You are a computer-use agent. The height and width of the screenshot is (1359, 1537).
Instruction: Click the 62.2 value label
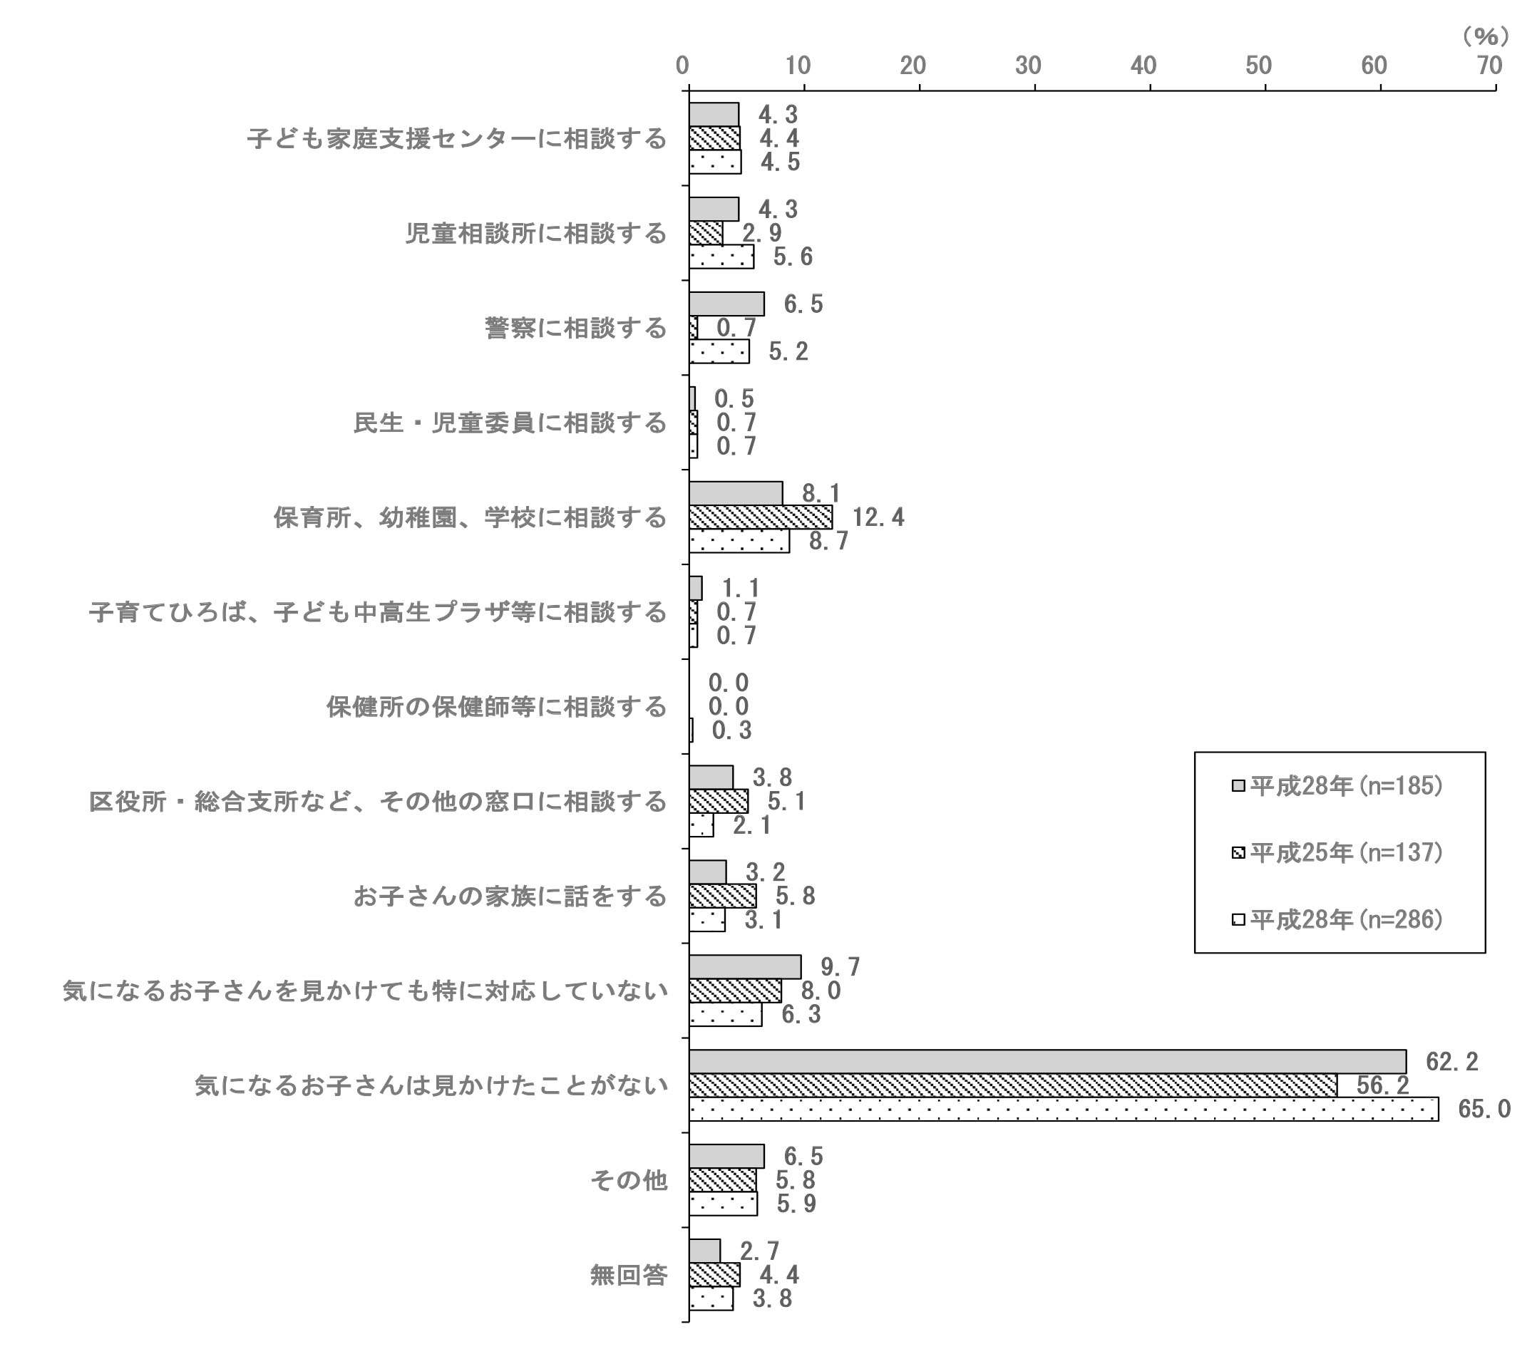click(1452, 1061)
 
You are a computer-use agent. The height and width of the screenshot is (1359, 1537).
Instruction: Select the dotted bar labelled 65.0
click(1064, 1109)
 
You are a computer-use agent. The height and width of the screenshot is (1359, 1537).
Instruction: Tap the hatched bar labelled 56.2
click(1013, 1085)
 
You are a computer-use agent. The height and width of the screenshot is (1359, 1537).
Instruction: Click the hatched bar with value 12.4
click(761, 517)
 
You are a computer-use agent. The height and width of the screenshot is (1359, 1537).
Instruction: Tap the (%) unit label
click(1486, 36)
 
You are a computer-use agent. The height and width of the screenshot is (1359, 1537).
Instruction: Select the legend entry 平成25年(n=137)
click(1337, 852)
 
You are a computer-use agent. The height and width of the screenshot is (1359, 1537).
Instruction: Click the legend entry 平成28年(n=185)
click(1337, 785)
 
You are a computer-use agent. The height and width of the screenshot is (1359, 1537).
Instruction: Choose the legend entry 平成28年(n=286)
click(1337, 919)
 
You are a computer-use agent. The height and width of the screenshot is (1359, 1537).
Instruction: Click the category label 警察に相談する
click(575, 328)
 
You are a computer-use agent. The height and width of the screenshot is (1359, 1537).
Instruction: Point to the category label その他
click(629, 1180)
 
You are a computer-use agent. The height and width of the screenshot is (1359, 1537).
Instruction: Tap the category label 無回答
click(629, 1275)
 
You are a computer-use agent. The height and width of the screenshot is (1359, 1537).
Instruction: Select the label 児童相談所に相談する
click(536, 233)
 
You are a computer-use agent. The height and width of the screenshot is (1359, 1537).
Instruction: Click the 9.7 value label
click(840, 966)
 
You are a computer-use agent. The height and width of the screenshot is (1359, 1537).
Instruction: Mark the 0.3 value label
click(731, 730)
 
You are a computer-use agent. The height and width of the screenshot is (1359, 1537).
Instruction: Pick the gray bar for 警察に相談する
click(726, 304)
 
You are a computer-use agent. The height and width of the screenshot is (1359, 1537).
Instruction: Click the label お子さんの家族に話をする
click(510, 896)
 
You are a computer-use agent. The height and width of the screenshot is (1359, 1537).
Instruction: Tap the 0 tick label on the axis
click(683, 66)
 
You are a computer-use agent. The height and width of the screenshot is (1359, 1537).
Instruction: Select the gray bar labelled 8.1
click(736, 493)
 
